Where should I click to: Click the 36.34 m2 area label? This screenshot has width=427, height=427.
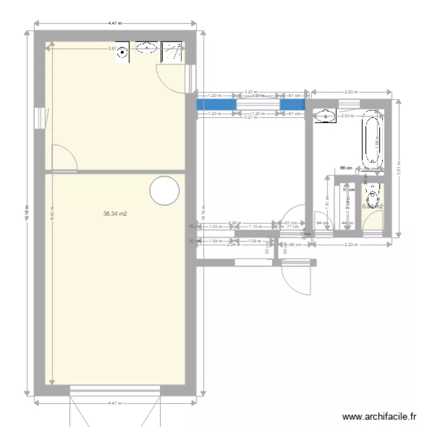click(114, 214)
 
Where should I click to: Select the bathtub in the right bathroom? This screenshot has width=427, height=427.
click(372, 142)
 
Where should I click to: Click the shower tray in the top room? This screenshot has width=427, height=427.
click(173, 52)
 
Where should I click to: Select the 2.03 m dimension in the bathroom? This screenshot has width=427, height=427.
click(346, 116)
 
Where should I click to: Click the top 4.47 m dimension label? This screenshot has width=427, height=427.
click(115, 23)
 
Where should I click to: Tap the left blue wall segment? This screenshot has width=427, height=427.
click(216, 105)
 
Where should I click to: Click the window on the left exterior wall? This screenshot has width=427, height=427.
click(39, 118)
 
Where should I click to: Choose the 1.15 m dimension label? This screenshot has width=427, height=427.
click(254, 226)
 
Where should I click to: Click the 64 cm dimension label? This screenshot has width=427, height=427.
click(321, 223)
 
